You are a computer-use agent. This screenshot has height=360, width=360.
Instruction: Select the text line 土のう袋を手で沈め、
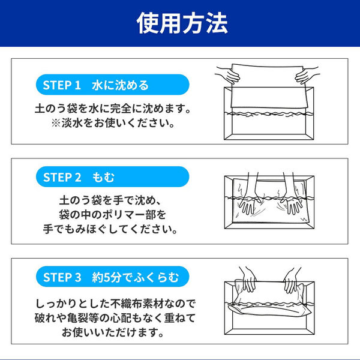[x=112, y=199]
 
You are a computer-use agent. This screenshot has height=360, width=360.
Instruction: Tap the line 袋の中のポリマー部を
[x=112, y=214]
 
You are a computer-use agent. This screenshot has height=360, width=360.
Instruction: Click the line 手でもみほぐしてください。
[x=112, y=229]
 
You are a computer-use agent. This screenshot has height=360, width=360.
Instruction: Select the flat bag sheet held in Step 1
[x=267, y=90]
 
